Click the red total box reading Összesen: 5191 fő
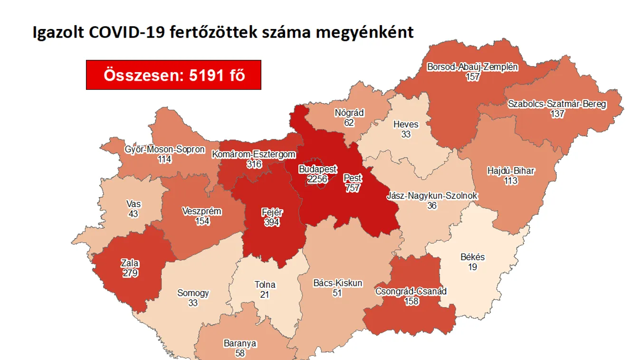point(173,75)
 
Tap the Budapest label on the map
point(317,169)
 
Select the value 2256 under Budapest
point(317,179)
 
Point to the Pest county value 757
point(353,188)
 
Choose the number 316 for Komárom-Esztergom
point(254,164)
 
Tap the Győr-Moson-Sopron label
point(165,149)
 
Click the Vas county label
point(134,204)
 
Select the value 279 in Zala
point(130,273)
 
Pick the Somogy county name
point(193,293)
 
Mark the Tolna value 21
point(265,294)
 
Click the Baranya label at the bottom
point(240,343)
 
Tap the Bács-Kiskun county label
point(338,283)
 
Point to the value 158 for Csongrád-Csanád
point(411,301)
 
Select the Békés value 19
point(472,267)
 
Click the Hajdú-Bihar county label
point(511,171)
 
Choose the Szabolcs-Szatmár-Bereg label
point(557,104)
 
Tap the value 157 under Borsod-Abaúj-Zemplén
point(472,77)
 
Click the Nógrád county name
point(349,113)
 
